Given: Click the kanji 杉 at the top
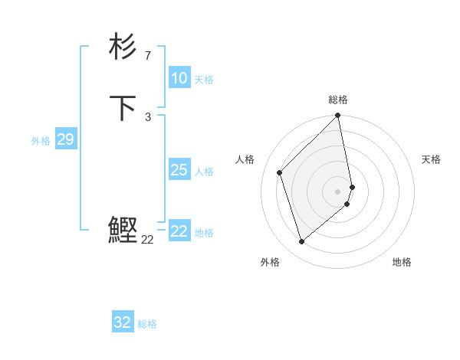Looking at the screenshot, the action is (x=123, y=47).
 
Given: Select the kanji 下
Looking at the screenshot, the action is (x=123, y=108).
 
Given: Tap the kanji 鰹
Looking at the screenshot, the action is (x=123, y=230).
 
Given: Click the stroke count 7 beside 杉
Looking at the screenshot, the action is (x=147, y=55).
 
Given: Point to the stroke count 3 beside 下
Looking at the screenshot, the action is (x=147, y=116).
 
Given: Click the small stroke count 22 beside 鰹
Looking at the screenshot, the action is (x=147, y=240).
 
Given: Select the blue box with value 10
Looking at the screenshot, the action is (x=179, y=78).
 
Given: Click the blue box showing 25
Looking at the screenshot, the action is (x=179, y=170).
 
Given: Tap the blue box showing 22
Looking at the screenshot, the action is (x=179, y=231).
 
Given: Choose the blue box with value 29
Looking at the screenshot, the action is (x=65, y=139).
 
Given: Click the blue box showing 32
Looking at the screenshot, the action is (x=123, y=322).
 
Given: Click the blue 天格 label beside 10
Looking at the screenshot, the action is (x=204, y=80).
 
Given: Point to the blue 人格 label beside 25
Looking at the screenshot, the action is (x=204, y=172).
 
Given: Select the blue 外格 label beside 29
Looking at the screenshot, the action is (x=41, y=141).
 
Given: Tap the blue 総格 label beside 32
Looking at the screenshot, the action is (x=147, y=324).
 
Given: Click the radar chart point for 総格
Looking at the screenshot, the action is (x=338, y=116).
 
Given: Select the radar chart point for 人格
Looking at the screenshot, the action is (x=280, y=172).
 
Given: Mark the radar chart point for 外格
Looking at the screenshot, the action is (x=301, y=242).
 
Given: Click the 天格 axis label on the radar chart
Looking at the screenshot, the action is (x=431, y=159).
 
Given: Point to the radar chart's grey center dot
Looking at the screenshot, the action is (x=338, y=191).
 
